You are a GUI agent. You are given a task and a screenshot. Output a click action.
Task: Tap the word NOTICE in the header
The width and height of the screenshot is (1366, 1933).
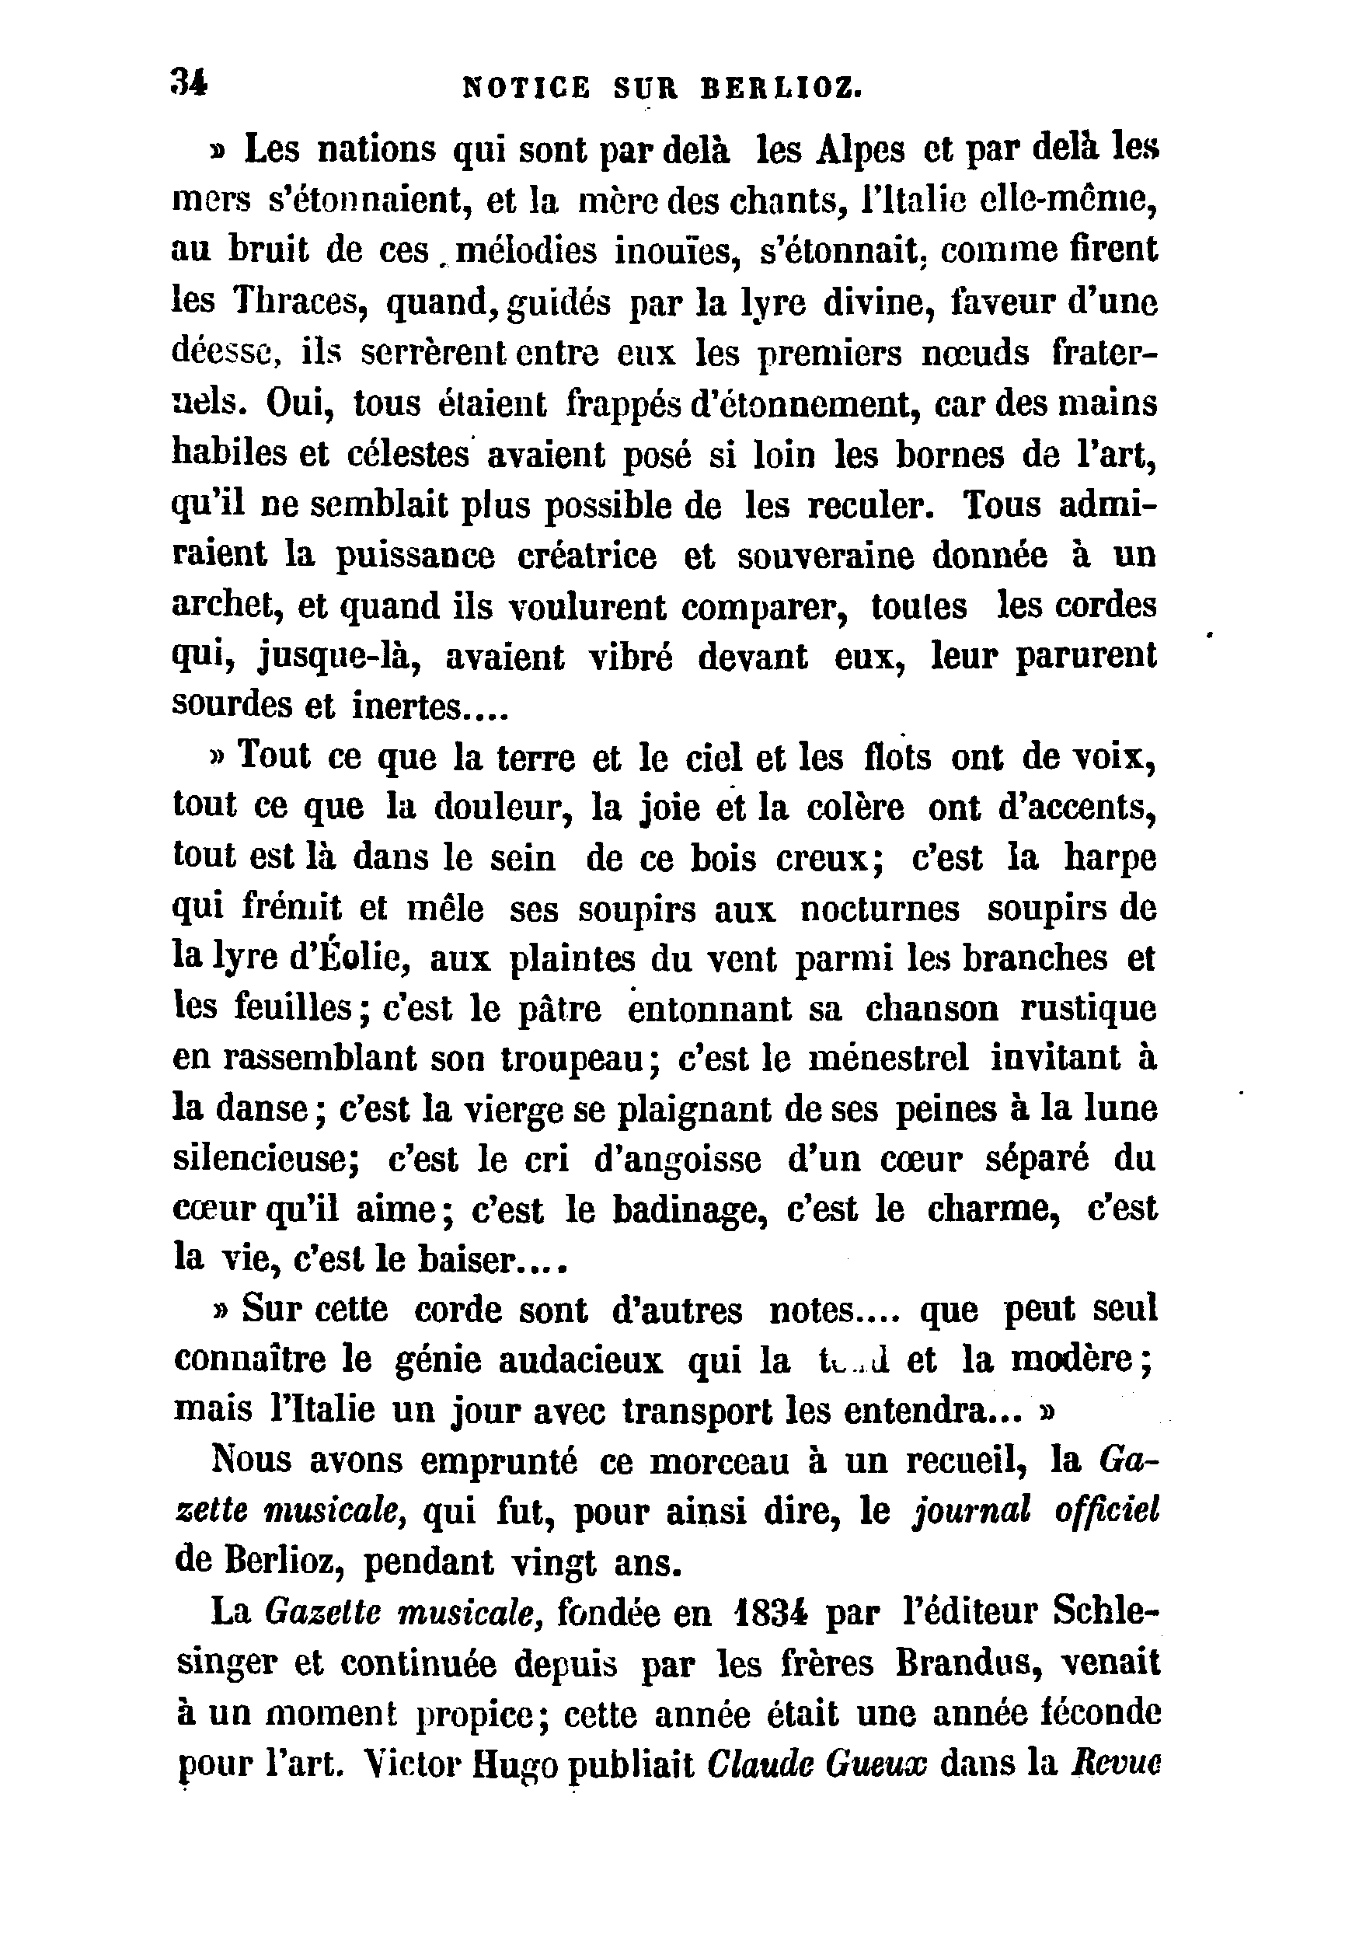click(x=527, y=88)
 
